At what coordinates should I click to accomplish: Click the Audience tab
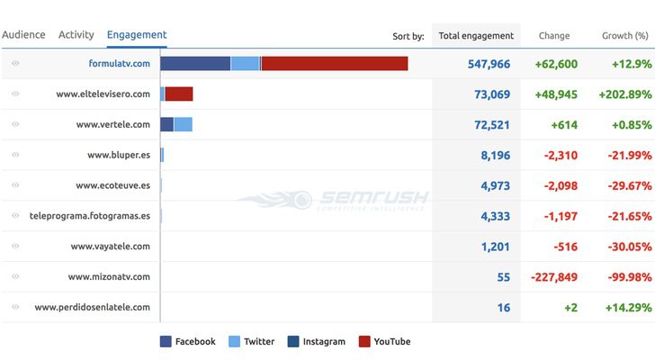23,35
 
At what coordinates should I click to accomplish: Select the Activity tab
76,35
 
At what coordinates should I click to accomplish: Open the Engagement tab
136,35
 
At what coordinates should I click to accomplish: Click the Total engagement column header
476,36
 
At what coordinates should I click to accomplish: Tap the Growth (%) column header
624,36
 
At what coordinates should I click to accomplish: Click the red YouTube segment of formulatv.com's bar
334,64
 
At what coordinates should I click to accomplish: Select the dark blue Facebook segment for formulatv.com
195,64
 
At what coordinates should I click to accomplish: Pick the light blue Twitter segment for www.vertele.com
183,124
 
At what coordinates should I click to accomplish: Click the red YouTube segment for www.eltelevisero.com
179,94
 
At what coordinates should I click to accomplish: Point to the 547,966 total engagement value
489,65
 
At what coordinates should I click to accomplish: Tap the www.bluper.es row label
119,155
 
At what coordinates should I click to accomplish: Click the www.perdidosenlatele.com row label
92,307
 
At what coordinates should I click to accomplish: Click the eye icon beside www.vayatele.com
15,246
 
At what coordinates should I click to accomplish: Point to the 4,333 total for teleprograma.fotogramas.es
495,216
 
